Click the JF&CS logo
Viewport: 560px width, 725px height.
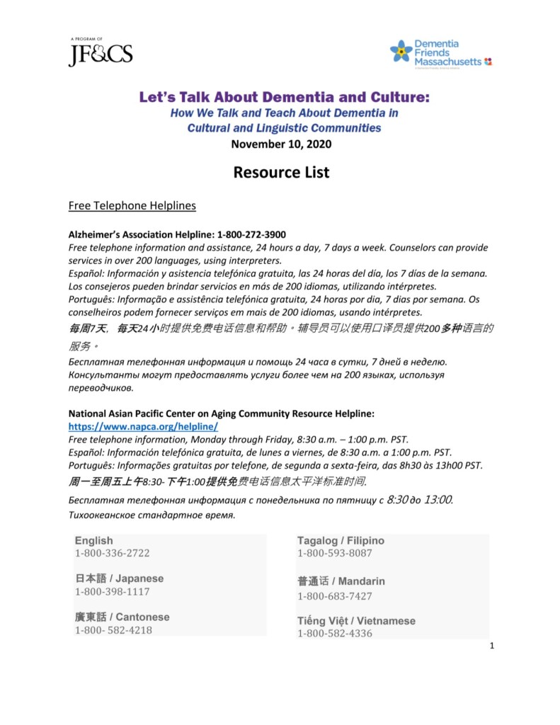[x=101, y=54]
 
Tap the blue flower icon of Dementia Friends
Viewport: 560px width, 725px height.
[x=401, y=51]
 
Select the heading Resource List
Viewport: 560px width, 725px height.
[x=282, y=172]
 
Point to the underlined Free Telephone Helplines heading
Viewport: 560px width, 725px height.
[x=132, y=206]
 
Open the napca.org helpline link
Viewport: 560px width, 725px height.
[x=142, y=427]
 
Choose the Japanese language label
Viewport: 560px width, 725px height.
[x=119, y=578]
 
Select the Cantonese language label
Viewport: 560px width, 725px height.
[x=122, y=617]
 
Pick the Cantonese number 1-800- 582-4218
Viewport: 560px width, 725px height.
[x=113, y=629]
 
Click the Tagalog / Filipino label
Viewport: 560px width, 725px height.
[x=341, y=540]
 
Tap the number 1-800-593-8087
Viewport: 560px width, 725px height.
[x=334, y=553]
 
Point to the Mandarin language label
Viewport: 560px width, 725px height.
[x=341, y=581]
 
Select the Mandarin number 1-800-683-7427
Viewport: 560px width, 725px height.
[x=334, y=596]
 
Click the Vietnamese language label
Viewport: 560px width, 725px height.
[x=356, y=621]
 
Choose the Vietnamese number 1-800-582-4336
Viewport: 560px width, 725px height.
[x=334, y=633]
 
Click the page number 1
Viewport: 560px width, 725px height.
[x=491, y=645]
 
